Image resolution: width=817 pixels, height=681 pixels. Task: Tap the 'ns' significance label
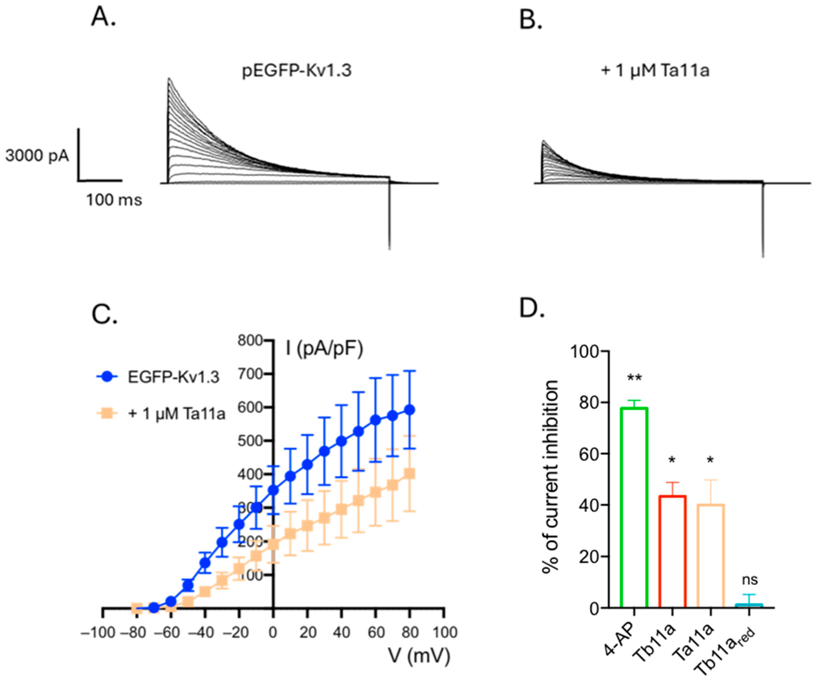[x=750, y=580]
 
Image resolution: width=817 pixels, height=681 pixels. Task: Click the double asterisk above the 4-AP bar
[x=634, y=378]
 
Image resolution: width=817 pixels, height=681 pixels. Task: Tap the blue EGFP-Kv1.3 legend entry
[x=173, y=377]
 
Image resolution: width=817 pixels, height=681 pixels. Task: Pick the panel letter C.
[x=104, y=314]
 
